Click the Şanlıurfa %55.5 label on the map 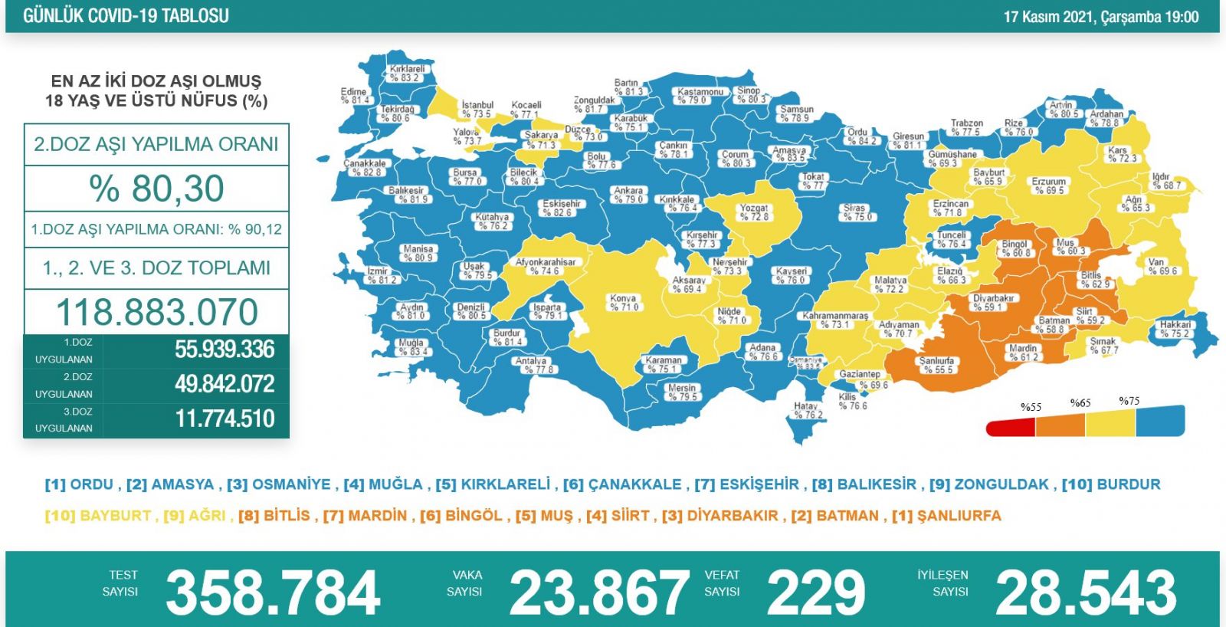click(x=936, y=365)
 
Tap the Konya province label click(x=624, y=303)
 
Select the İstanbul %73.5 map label click(x=477, y=110)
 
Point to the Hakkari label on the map click(x=1175, y=329)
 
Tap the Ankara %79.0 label click(x=628, y=195)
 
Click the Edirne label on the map click(x=355, y=96)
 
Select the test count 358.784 click(x=273, y=593)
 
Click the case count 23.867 click(x=598, y=593)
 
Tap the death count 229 click(x=815, y=593)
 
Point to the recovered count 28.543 click(x=1085, y=593)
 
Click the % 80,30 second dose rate click(x=156, y=189)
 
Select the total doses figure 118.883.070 click(x=157, y=312)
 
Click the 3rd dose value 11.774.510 click(x=225, y=419)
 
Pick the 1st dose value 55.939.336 click(x=225, y=350)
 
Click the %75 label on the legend click(x=1129, y=401)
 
